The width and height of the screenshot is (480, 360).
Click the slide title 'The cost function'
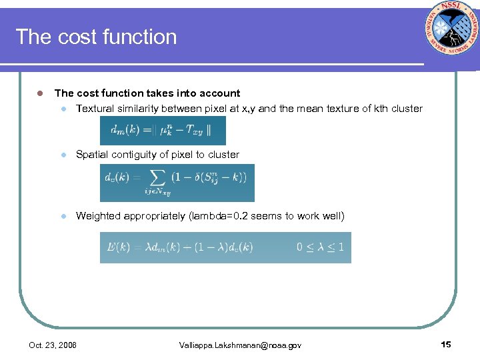tap(96, 37)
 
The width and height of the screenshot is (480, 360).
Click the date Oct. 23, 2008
tap(53, 345)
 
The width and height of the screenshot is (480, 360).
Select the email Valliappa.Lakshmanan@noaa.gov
tap(240, 345)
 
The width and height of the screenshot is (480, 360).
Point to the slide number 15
tap(446, 344)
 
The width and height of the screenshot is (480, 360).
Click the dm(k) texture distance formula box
tap(163, 131)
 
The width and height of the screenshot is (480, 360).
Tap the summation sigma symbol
tap(158, 178)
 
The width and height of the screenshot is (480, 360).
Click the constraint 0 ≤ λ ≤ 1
tap(320, 247)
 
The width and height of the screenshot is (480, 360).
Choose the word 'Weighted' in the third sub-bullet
tap(97, 216)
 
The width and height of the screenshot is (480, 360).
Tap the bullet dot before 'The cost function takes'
tap(40, 93)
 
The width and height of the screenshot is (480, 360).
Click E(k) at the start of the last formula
tap(118, 247)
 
